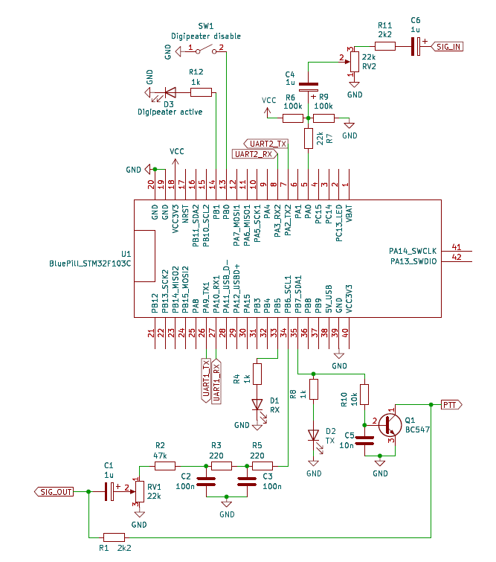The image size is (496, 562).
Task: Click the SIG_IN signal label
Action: pos(448,46)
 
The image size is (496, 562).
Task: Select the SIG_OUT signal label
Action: pos(55,491)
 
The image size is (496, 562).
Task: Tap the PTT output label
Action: pos(451,404)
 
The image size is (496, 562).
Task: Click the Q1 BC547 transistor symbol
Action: pos(390,424)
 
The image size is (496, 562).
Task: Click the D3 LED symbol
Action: pos(168,92)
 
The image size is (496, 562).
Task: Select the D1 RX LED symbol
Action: pos(258,406)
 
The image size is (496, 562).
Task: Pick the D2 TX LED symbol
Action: pos(313,436)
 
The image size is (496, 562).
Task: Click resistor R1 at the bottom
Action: pos(114,537)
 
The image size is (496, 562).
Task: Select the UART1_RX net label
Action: pos(216,380)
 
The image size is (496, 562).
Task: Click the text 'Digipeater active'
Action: pos(170,112)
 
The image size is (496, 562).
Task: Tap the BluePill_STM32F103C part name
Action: pos(90,263)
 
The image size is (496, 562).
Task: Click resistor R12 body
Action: pos(201,92)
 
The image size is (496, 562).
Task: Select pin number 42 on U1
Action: pos(456,257)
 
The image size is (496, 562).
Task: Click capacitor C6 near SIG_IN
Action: pos(416,46)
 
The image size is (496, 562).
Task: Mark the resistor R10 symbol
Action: pos(364,395)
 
